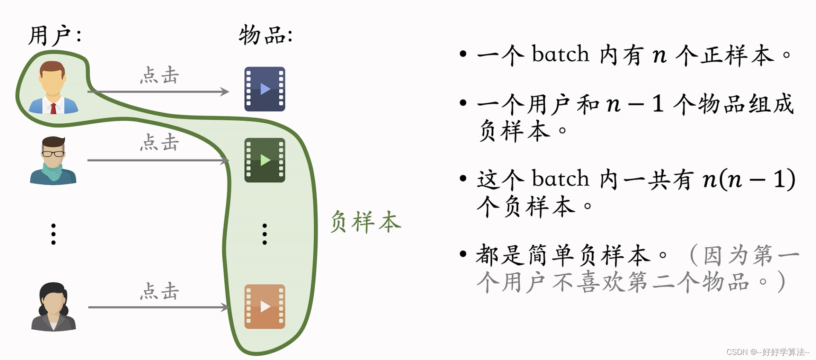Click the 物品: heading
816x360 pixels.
pos(265,35)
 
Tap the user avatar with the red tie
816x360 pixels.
pos(53,88)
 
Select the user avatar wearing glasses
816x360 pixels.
pos(53,160)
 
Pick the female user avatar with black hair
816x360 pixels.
pos(53,306)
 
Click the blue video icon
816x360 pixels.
pos(264,89)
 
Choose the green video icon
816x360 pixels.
pos(264,160)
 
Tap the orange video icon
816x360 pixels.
pos(264,306)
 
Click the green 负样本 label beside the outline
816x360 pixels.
pos(365,222)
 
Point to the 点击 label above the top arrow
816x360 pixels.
pos(159,75)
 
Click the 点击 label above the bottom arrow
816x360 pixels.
pos(159,291)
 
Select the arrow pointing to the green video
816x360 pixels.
pos(158,160)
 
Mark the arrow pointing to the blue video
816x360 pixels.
pos(158,91)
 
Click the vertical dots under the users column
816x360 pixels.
pos(53,234)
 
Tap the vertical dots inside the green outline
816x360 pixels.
pos(265,234)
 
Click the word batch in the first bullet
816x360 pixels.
pos(560,55)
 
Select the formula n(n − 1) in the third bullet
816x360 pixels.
pos(749,179)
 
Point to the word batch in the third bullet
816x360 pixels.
pos(560,179)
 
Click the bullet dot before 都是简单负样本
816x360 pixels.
pos(463,254)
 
